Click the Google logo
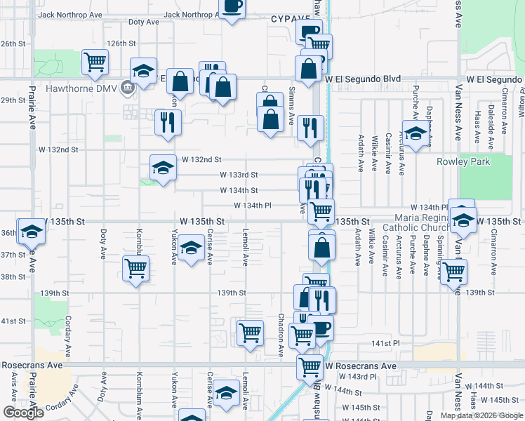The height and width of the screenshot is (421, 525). [23, 413]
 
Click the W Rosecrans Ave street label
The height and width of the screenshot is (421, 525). [361, 366]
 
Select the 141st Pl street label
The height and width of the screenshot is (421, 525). [385, 343]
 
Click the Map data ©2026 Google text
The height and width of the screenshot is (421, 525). [481, 415]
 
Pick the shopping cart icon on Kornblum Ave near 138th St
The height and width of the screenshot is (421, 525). [135, 267]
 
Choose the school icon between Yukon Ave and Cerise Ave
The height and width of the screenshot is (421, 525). [191, 248]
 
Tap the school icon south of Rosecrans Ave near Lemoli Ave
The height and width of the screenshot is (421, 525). [226, 394]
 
